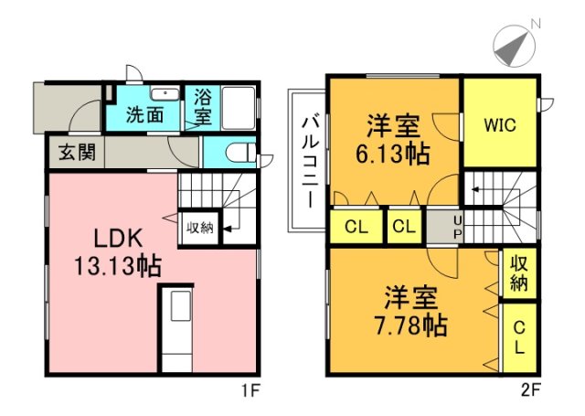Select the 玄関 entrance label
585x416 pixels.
[x=76, y=153]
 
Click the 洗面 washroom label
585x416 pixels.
[x=144, y=116]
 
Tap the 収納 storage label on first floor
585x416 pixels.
[x=201, y=228]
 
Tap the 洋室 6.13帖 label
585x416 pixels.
[x=394, y=138]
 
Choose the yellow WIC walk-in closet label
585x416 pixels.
[x=498, y=124]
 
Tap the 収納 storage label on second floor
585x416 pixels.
[x=519, y=272]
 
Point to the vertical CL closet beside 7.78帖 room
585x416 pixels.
[x=519, y=337]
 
